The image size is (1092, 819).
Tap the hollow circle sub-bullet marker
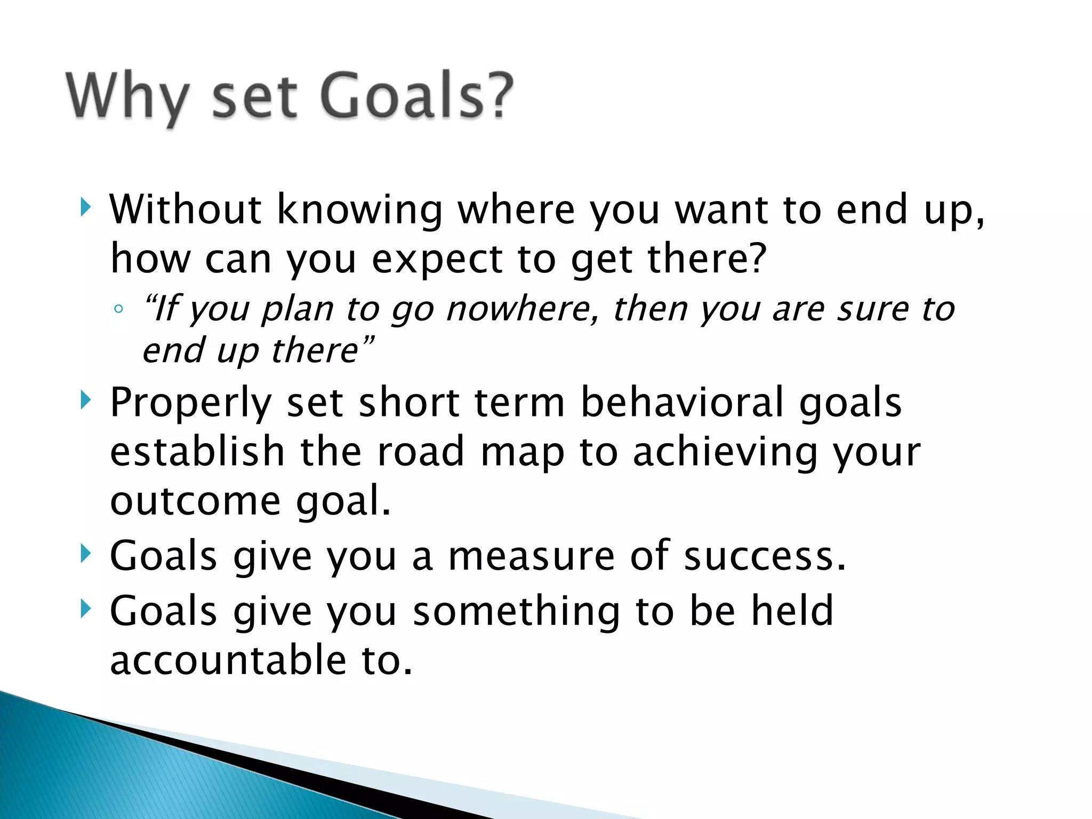point(119,309)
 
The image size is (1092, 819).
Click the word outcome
point(195,501)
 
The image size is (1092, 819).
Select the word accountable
point(228,660)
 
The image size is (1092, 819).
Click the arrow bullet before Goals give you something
point(85,608)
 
